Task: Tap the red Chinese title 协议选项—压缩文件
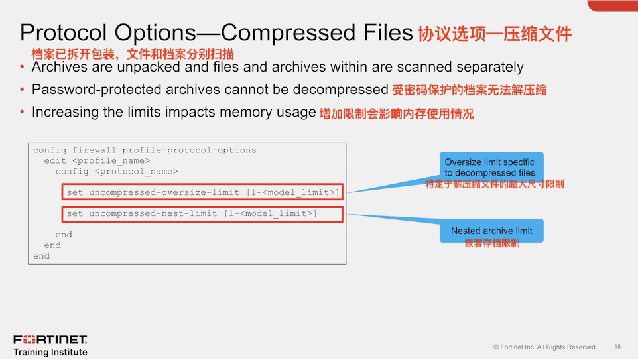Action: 494,34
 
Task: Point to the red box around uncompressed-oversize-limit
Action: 204,193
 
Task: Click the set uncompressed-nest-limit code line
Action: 192,213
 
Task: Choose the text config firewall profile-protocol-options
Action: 144,150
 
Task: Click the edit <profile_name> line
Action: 97,160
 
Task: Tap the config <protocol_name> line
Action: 116,171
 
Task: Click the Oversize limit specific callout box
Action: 490,167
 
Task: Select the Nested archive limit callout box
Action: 491,231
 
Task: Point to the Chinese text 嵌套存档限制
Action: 491,243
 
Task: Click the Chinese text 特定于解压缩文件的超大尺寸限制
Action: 494,184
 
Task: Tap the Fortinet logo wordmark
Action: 50,340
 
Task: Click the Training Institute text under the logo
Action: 50,352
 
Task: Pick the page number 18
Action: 617,347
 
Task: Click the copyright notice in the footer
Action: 544,347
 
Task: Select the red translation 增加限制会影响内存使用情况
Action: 397,114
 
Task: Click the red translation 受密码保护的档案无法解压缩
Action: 469,90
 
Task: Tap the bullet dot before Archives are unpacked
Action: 22,68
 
